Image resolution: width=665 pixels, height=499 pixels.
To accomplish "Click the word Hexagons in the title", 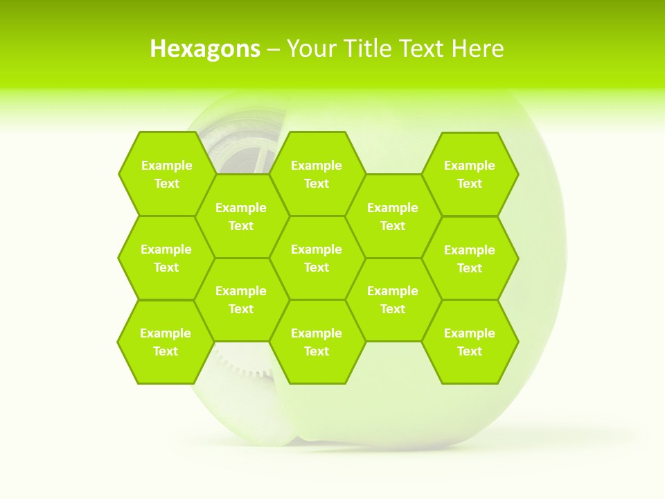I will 205,49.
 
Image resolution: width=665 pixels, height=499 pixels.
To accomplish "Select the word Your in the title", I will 308,49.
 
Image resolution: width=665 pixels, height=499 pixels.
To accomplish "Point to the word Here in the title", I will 477,49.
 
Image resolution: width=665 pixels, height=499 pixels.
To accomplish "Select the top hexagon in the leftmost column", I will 166,174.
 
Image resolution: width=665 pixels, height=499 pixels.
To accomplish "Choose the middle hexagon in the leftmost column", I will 166,258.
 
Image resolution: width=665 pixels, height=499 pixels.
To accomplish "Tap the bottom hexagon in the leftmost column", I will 166,342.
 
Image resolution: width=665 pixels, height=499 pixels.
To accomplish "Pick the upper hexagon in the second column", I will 241,216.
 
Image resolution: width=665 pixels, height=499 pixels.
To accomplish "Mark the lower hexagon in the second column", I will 241,299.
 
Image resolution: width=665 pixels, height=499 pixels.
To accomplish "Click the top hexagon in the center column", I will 317,174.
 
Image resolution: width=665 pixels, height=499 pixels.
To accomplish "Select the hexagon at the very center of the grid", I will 317,258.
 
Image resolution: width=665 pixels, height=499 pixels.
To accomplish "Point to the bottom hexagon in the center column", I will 317,342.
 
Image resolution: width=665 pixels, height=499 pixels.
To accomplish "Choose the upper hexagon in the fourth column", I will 393,216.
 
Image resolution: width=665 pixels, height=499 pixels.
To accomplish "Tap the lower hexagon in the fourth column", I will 393,299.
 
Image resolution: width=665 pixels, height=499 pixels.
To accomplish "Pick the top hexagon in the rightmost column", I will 470,174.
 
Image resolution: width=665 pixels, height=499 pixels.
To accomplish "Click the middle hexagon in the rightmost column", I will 470,259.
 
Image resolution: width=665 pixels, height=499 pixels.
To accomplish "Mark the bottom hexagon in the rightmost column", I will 470,342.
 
